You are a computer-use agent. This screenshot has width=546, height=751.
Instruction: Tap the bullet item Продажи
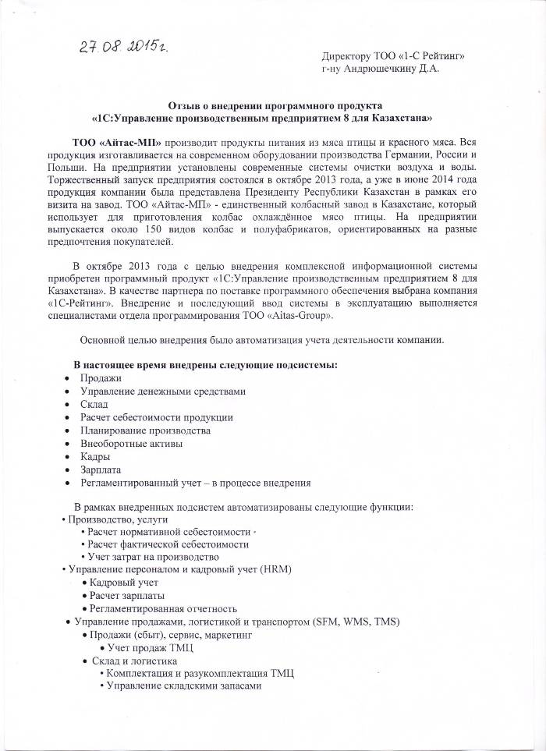click(x=96, y=377)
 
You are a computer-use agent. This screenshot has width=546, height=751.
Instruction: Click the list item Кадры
click(x=95, y=456)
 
